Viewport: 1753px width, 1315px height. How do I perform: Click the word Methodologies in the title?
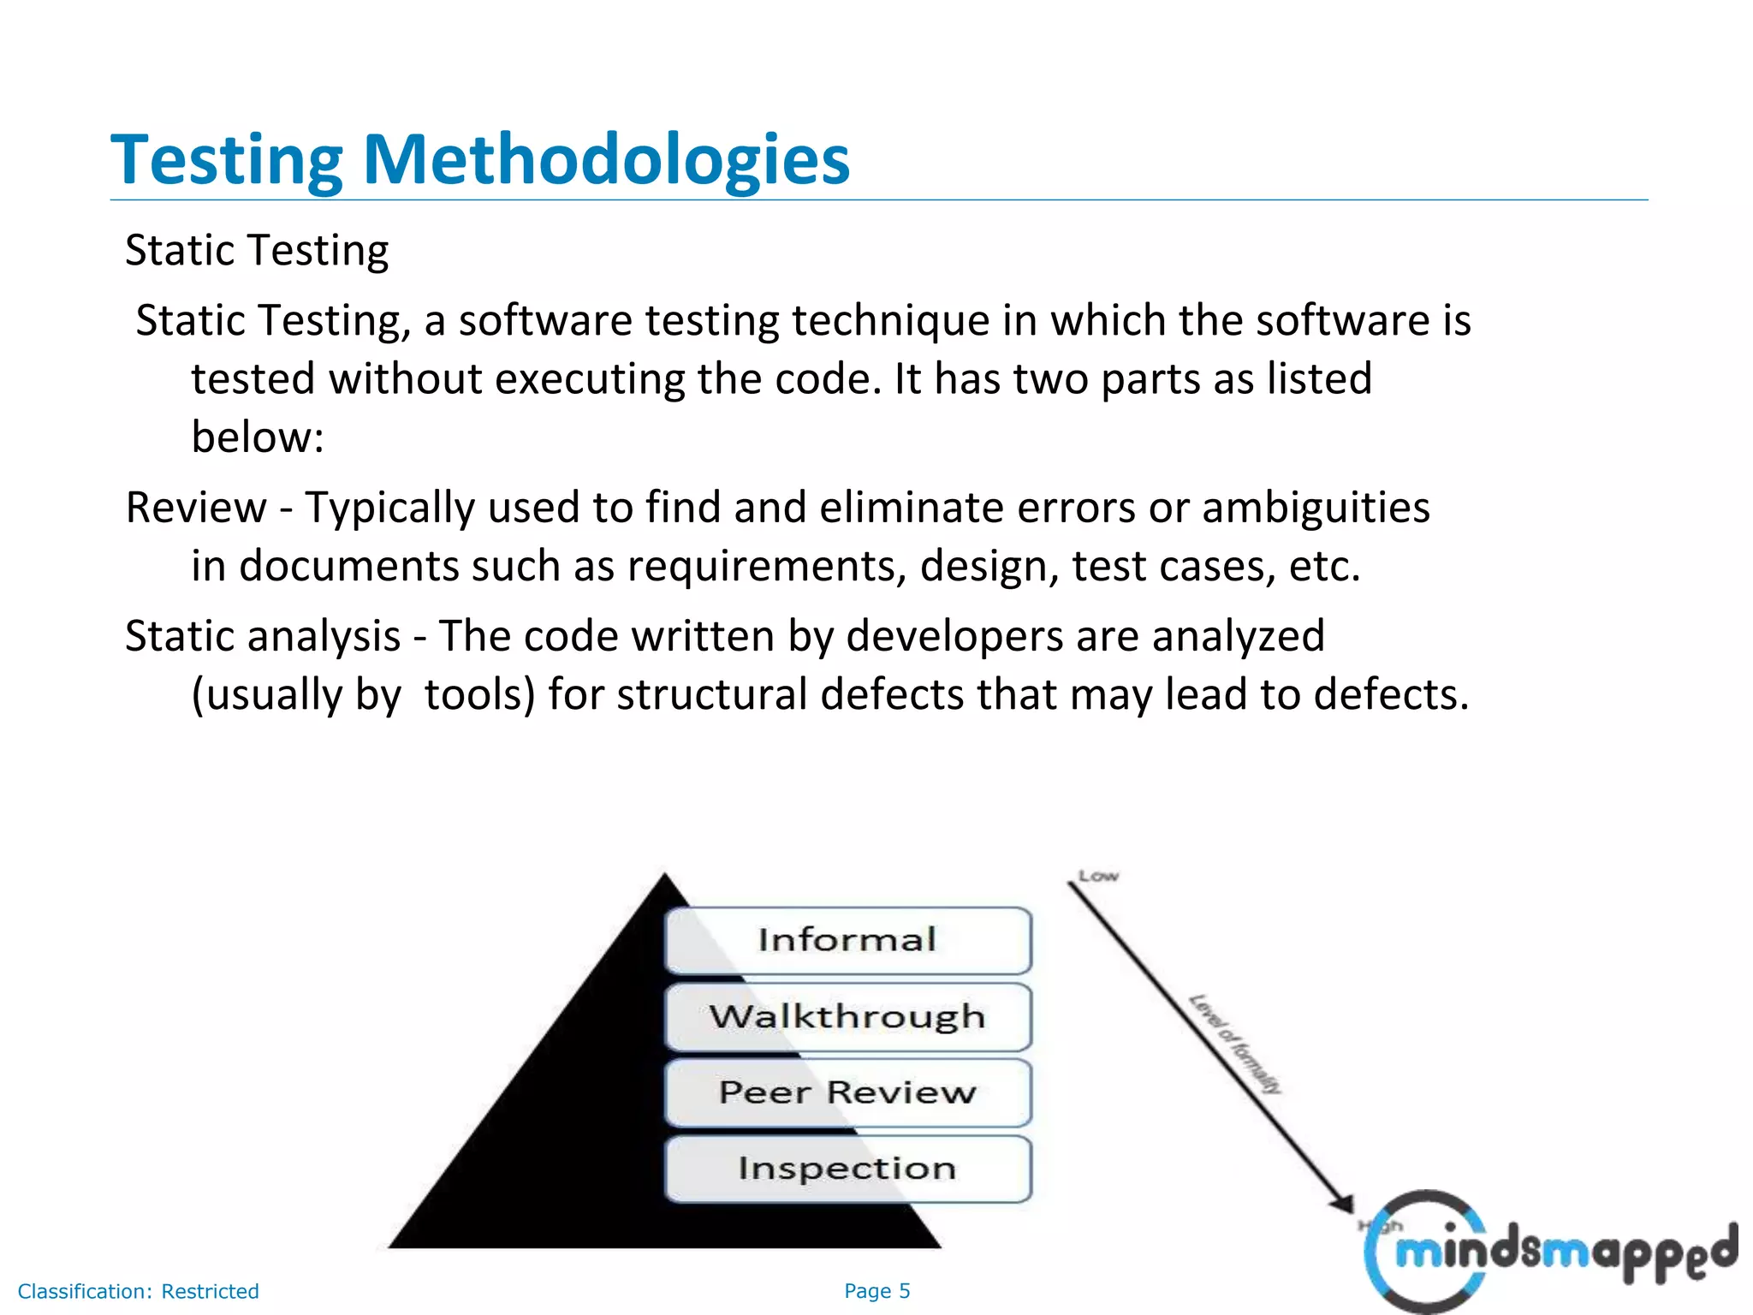pos(606,160)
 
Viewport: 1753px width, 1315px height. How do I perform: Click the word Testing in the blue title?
pos(227,160)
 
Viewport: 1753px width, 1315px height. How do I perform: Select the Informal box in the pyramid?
pos(847,940)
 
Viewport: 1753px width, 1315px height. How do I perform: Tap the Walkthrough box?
pos(847,1016)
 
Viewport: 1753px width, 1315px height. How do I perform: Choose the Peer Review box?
pos(847,1092)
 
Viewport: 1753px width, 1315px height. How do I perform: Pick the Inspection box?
pos(847,1169)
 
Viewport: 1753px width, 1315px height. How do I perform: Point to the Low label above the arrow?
pos(1098,876)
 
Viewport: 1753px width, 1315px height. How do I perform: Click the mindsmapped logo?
pos(1549,1252)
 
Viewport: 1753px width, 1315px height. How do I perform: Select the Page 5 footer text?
pos(876,1291)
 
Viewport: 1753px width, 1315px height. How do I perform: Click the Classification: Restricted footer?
pos(138,1291)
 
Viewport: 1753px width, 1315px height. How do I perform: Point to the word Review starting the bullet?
pos(196,508)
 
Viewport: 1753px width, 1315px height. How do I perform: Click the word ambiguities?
pos(1316,508)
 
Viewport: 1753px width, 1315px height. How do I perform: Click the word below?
pos(258,437)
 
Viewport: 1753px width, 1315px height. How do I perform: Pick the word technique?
pos(890,321)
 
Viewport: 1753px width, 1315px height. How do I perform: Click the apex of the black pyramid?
pos(665,875)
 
